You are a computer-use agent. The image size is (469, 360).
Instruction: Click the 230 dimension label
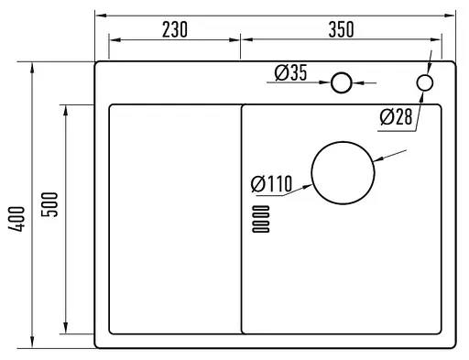click(x=174, y=29)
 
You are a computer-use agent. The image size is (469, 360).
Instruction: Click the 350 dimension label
click(x=340, y=29)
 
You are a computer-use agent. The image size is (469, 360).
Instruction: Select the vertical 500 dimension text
click(x=51, y=202)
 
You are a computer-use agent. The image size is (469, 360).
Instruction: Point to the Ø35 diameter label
click(x=290, y=73)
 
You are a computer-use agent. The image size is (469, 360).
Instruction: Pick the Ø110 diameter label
click(x=271, y=184)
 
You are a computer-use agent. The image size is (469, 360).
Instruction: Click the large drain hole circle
click(x=344, y=174)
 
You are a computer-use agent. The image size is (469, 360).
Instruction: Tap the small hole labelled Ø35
click(x=342, y=83)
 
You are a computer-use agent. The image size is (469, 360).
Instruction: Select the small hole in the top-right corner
click(x=424, y=83)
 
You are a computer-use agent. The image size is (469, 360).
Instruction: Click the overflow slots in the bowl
click(x=260, y=220)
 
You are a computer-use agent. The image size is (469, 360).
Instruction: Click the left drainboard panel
click(x=174, y=218)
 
